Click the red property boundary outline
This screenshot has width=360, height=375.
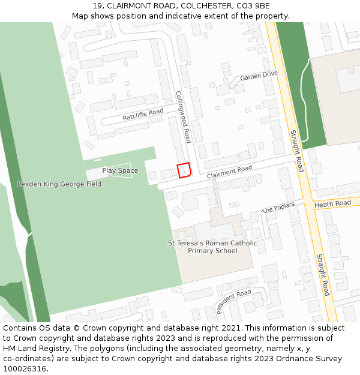pyautogui.click(x=184, y=170)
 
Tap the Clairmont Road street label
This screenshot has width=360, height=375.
pyautogui.click(x=229, y=172)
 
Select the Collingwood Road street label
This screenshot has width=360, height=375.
pyautogui.click(x=182, y=117)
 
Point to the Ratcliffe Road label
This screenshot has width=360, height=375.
pyautogui.click(x=143, y=115)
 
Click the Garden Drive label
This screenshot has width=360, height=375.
pyautogui.click(x=259, y=76)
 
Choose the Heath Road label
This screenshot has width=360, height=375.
pyautogui.click(x=332, y=204)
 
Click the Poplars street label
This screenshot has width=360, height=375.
pyautogui.click(x=278, y=208)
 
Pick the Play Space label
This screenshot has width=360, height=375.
pyautogui.click(x=120, y=170)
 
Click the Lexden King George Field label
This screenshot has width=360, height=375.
pyautogui.click(x=59, y=184)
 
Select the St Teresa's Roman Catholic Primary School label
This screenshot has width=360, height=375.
pyautogui.click(x=212, y=247)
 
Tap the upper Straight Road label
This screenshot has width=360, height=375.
pyautogui.click(x=296, y=151)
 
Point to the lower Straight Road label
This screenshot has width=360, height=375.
pyautogui.click(x=323, y=274)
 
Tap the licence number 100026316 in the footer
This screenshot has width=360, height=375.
pyautogui.click(x=25, y=368)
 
